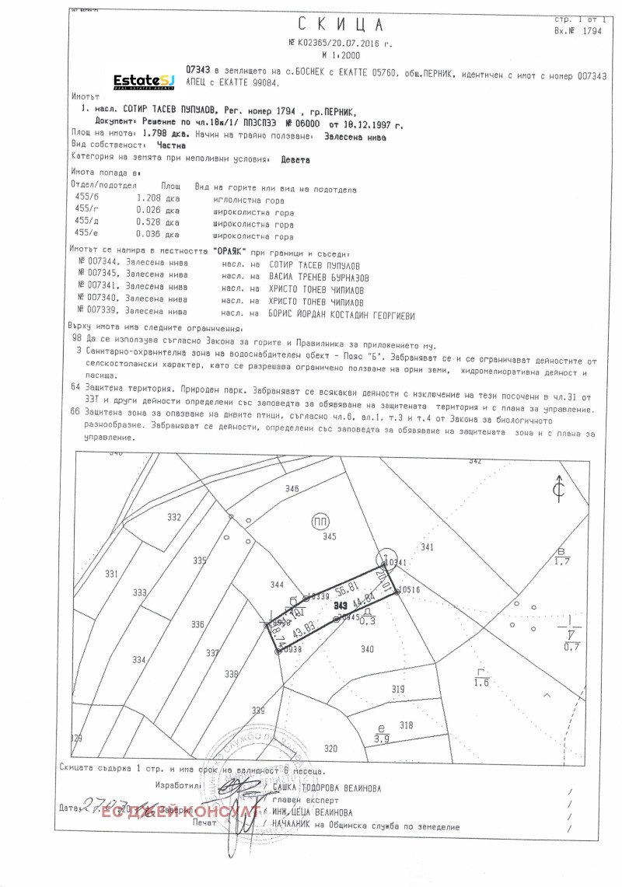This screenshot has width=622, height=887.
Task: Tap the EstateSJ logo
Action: click(x=144, y=80)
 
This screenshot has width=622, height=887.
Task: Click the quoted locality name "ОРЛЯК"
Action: click(x=229, y=253)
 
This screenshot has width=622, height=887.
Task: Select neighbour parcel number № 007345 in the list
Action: click(x=96, y=276)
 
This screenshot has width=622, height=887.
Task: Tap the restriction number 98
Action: click(x=75, y=340)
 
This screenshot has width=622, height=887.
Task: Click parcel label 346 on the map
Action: click(x=292, y=488)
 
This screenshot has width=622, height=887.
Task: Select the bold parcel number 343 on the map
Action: click(x=340, y=605)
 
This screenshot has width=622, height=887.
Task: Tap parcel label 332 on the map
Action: click(x=174, y=517)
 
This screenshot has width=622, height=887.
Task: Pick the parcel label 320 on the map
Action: click(x=331, y=748)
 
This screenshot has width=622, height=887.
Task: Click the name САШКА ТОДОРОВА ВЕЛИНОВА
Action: click(x=327, y=787)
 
